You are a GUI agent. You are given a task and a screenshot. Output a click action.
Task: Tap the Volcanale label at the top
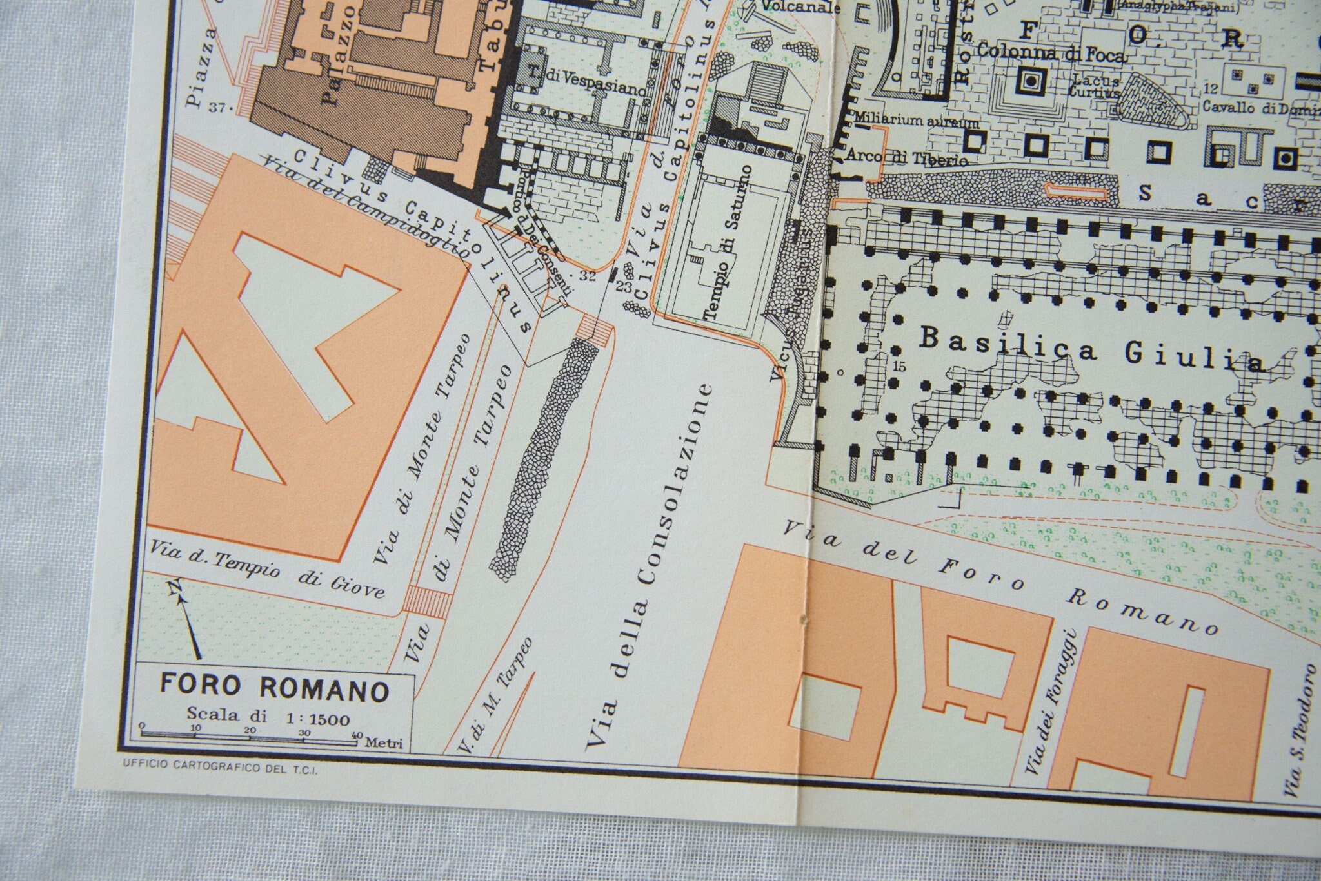tap(800, 8)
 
